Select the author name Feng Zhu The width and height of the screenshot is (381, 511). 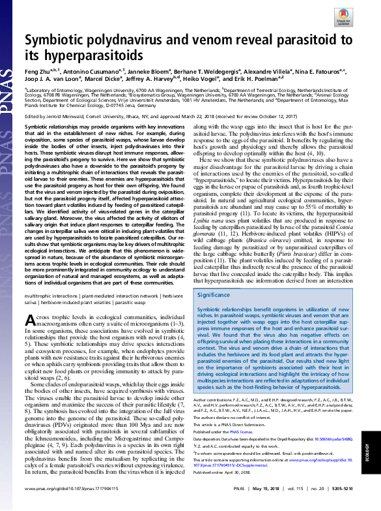tap(38, 70)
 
